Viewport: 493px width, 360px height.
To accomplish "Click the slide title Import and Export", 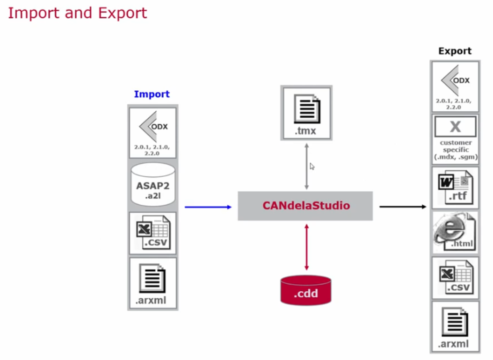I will tap(78, 13).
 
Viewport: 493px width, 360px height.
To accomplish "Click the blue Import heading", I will tap(152, 94).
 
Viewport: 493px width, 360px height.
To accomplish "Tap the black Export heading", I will tap(455, 51).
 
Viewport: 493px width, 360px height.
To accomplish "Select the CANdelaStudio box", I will tap(305, 206).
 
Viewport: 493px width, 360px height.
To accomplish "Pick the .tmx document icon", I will tap(306, 113).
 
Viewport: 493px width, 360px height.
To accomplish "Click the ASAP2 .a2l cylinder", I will tap(152, 185).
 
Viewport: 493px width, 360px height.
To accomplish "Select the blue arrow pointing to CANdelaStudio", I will tap(208, 207).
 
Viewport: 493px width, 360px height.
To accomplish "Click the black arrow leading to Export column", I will tap(403, 206).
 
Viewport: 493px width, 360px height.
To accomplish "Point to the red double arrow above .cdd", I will tap(306, 247).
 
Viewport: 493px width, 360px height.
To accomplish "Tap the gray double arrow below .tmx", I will tap(306, 166).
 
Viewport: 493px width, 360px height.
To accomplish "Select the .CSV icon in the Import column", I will tap(153, 232).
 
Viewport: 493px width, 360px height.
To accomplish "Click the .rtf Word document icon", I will tap(455, 187).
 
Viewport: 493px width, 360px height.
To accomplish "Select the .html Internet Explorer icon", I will tap(455, 232).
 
